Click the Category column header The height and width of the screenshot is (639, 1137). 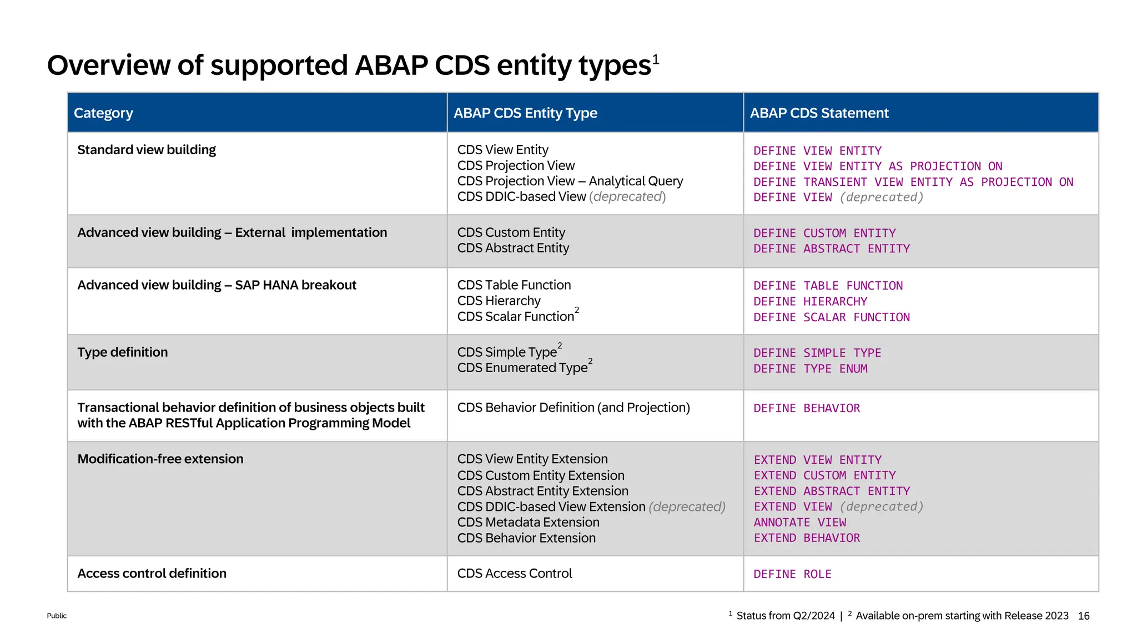(103, 113)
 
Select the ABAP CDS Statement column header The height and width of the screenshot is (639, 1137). (819, 113)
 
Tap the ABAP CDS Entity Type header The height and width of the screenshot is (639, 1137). (525, 113)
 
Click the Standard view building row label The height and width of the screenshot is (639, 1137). (147, 150)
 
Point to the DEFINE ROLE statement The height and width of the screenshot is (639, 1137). (792, 574)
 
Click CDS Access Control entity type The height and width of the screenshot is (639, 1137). (514, 574)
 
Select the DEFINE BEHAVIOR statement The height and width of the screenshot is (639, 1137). (806, 408)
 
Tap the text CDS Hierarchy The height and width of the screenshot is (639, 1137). (499, 301)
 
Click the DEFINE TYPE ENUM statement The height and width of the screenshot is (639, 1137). (810, 369)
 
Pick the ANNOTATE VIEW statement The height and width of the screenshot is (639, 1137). (799, 523)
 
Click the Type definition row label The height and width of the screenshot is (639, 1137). (122, 352)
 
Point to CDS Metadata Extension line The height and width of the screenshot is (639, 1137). (528, 523)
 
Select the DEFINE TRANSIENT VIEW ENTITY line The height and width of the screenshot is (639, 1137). (913, 182)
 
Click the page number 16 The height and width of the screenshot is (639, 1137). (1083, 616)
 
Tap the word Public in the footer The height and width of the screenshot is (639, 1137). (57, 616)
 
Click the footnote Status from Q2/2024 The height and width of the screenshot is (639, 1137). (785, 616)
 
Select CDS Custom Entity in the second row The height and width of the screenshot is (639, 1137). (511, 232)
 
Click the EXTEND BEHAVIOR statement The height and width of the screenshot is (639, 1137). (806, 538)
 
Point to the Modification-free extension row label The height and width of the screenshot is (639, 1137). (160, 459)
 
